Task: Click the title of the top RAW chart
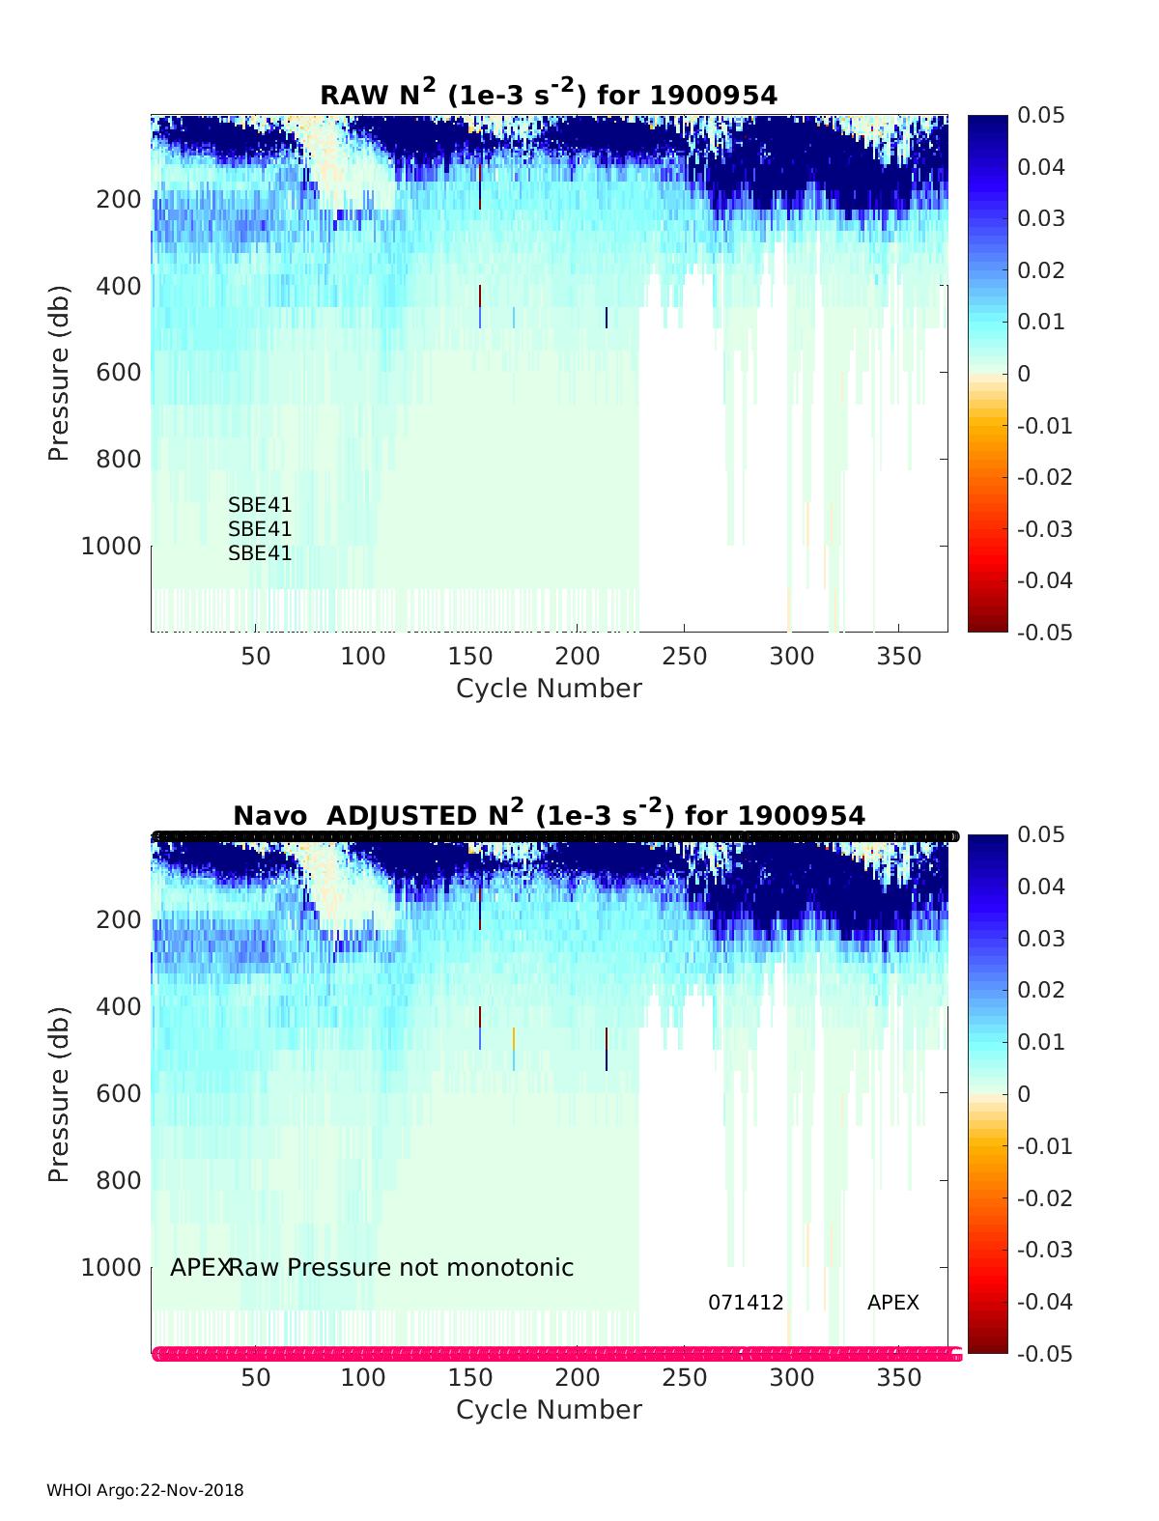(x=549, y=94)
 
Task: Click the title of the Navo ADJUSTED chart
(x=549, y=814)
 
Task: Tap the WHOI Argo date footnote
(x=145, y=1490)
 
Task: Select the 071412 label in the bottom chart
(x=746, y=1302)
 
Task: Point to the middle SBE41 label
(x=260, y=529)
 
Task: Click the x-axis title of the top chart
(x=549, y=689)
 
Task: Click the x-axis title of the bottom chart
(x=549, y=1410)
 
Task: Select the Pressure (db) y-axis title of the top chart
(x=59, y=373)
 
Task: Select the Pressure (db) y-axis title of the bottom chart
(x=59, y=1094)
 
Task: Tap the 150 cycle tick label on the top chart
(x=470, y=657)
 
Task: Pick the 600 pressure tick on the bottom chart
(x=119, y=1093)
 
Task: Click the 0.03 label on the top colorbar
(x=1041, y=218)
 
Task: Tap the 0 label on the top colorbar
(x=1024, y=374)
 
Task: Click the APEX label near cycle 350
(x=893, y=1302)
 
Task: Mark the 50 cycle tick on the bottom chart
(x=256, y=1378)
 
